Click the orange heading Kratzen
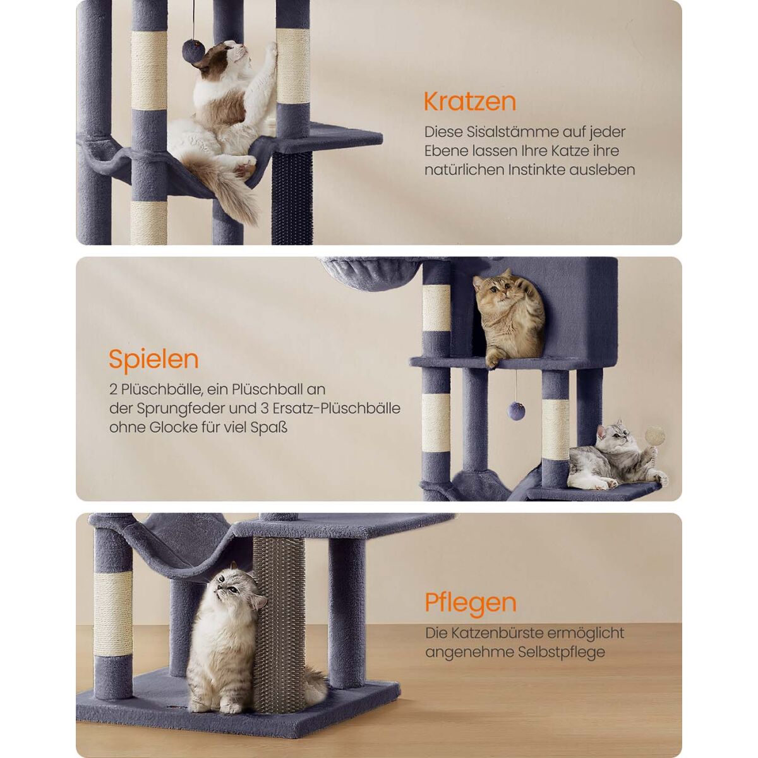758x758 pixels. (x=470, y=102)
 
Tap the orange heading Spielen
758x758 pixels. (x=153, y=359)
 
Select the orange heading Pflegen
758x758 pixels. (x=471, y=613)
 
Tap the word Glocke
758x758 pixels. (x=174, y=427)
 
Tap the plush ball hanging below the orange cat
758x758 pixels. (x=515, y=410)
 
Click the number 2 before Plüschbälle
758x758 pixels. (x=113, y=390)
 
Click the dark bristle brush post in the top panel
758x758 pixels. (x=291, y=198)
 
